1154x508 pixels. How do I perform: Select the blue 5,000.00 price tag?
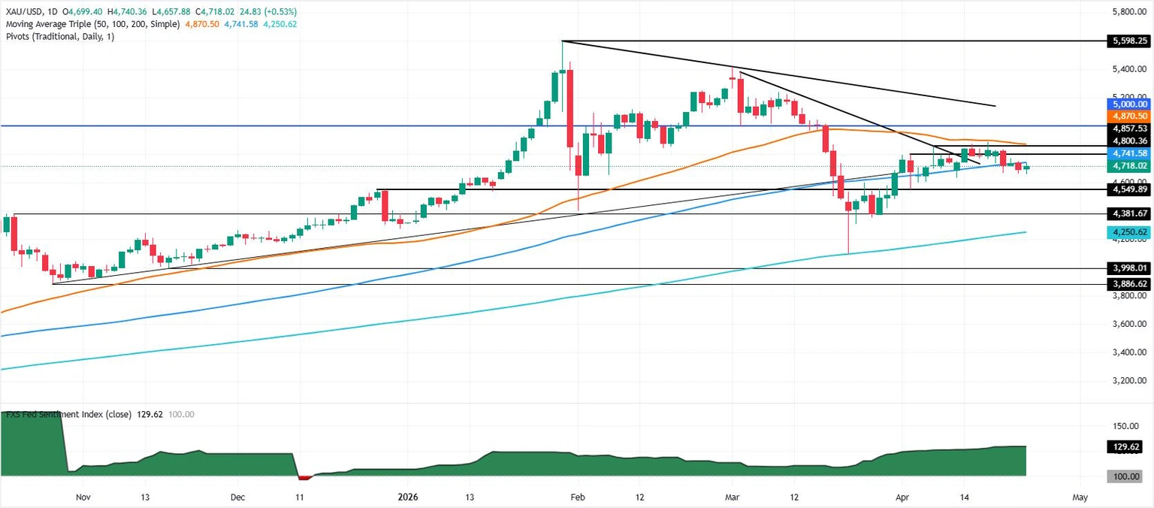point(1128,104)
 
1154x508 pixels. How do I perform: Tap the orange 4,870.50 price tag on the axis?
point(1128,116)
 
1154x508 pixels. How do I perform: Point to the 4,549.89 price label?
point(1128,189)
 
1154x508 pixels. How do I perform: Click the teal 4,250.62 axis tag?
point(1128,233)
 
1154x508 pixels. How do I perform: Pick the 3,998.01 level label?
point(1128,268)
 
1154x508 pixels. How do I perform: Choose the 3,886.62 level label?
point(1128,285)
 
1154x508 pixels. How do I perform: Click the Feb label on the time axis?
point(577,497)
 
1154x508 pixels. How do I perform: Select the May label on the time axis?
point(1080,497)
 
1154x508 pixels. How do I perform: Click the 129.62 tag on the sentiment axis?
point(1128,447)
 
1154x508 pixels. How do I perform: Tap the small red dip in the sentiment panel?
point(305,476)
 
